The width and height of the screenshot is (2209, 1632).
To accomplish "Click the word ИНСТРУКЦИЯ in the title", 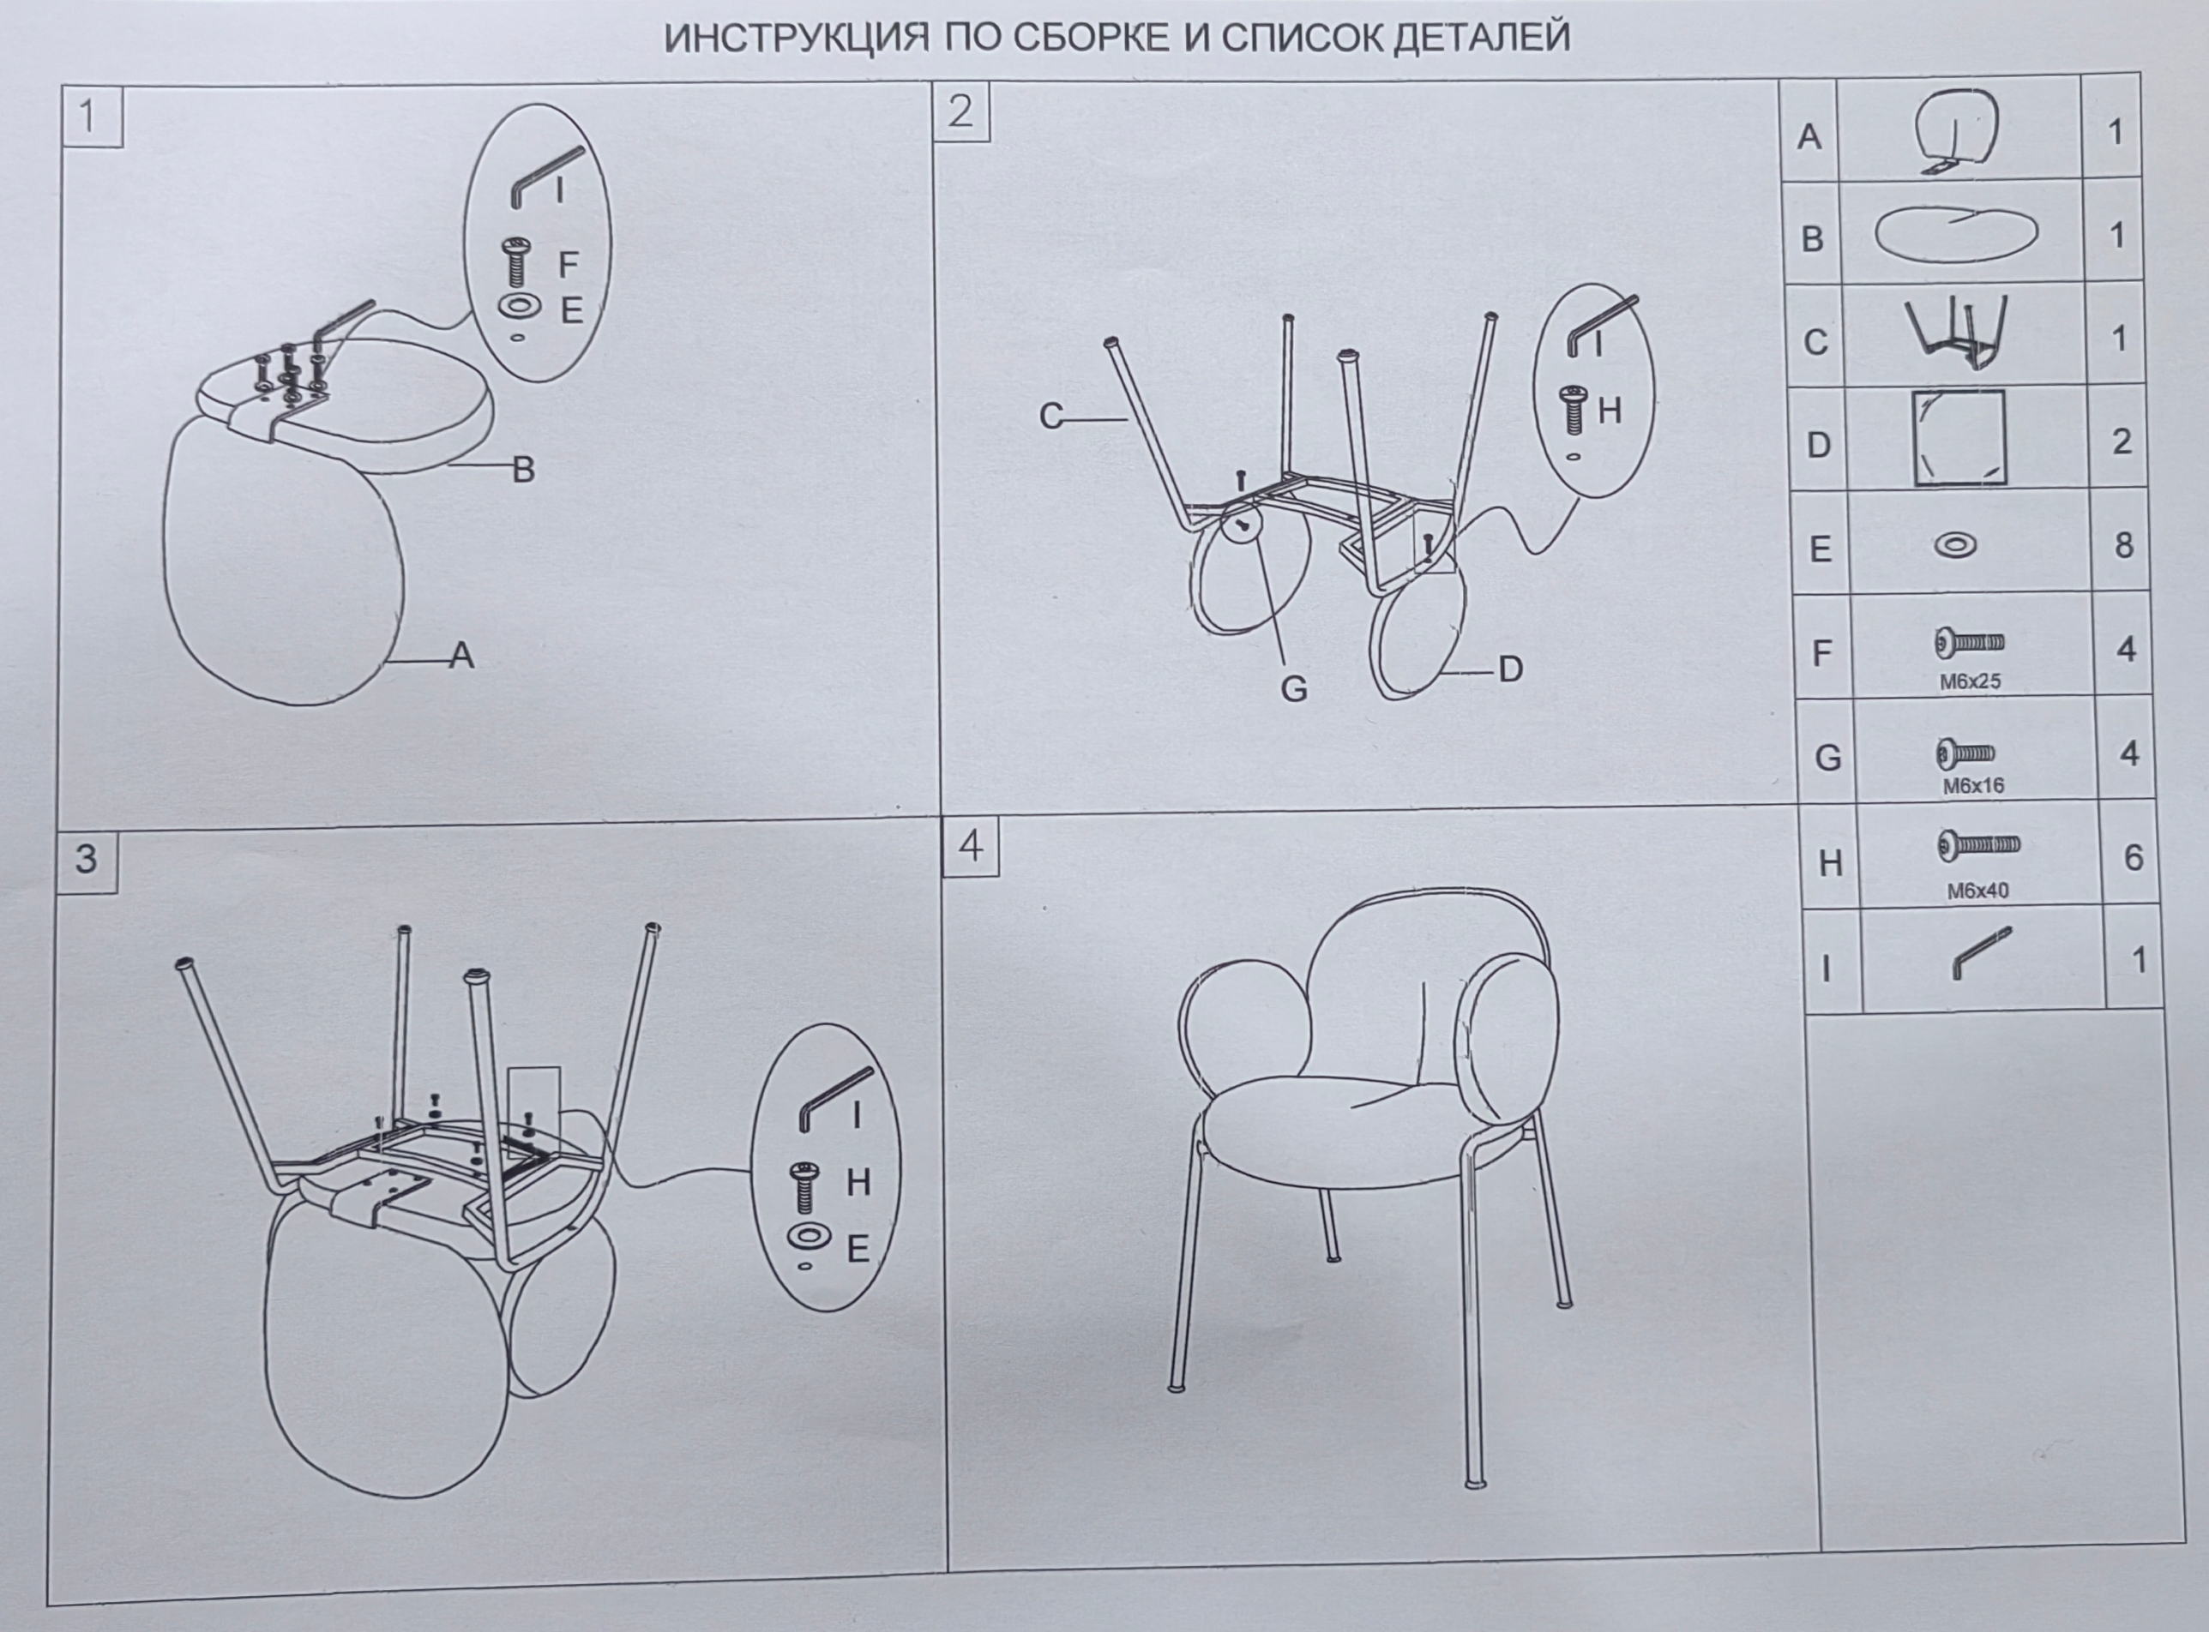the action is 796,38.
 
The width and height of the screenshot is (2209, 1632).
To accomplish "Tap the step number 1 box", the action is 92,116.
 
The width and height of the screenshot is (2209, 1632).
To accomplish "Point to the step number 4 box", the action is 971,847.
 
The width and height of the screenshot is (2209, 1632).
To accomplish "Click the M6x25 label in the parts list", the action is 1970,681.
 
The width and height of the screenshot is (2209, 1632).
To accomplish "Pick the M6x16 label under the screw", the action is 1974,786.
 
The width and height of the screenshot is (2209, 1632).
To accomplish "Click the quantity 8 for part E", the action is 2123,545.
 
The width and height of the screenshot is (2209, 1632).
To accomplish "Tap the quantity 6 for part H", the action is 2133,857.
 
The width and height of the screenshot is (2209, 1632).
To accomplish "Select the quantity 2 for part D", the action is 2121,441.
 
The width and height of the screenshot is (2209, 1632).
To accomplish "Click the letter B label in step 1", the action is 523,469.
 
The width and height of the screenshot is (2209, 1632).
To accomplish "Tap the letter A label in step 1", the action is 461,654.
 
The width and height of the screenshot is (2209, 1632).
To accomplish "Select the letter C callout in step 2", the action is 1050,417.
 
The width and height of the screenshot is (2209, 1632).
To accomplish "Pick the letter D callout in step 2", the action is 1510,669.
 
